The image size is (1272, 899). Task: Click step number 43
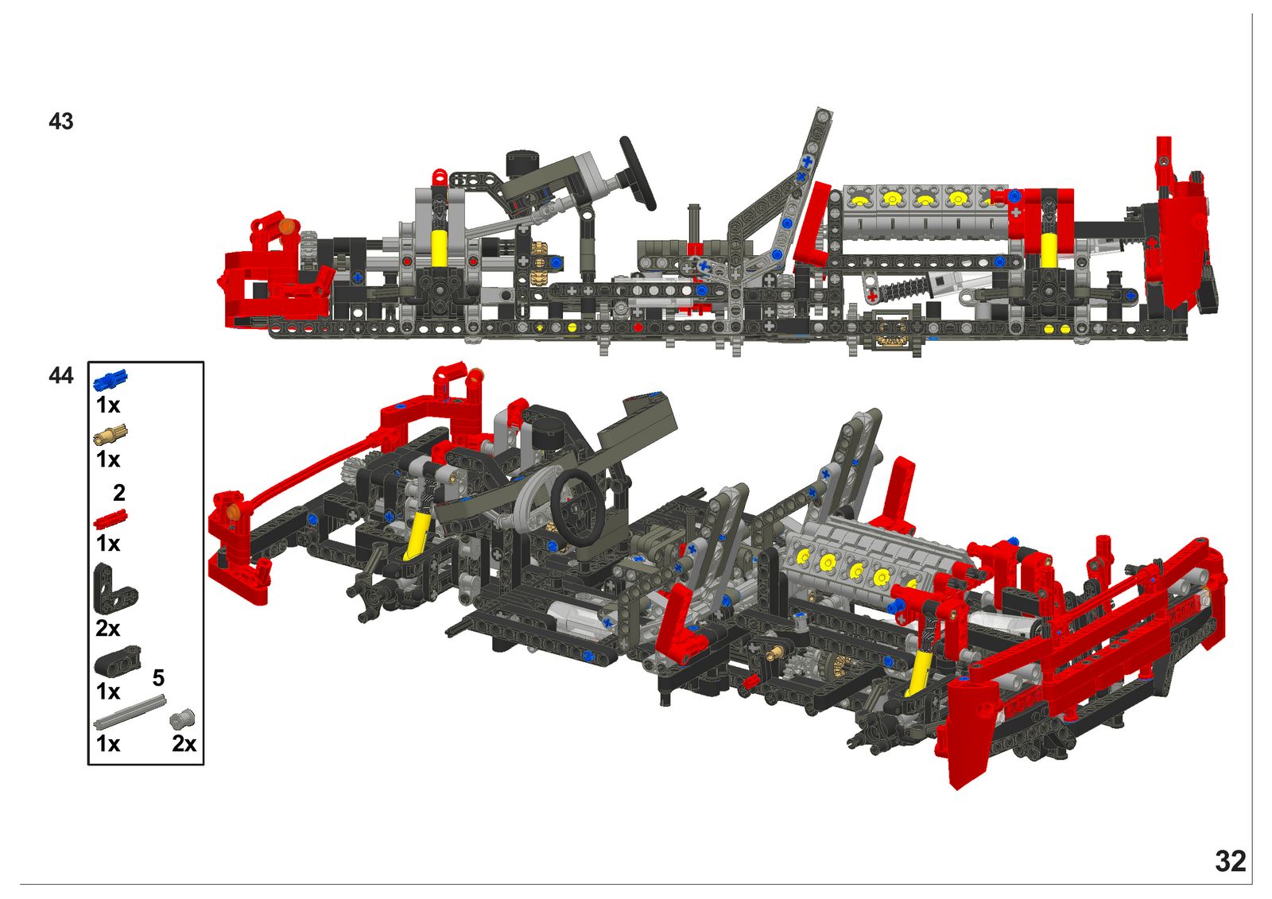click(60, 122)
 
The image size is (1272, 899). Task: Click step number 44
click(60, 376)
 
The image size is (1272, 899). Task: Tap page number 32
click(1231, 862)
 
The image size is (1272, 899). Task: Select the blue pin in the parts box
click(111, 380)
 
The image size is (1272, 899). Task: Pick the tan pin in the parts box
click(111, 436)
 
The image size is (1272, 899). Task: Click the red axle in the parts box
click(111, 519)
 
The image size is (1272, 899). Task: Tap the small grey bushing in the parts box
click(182, 719)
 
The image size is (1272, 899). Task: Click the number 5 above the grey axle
click(158, 678)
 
